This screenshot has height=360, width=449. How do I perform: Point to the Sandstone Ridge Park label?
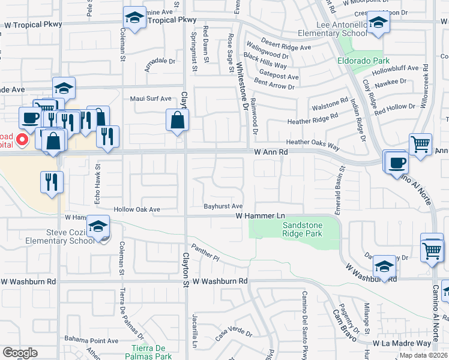[303, 229]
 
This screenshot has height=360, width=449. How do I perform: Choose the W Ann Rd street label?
[271, 152]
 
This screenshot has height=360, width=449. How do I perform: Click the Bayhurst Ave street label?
[223, 206]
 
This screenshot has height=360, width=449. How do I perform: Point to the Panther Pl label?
[206, 251]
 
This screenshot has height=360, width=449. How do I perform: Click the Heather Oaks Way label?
[313, 144]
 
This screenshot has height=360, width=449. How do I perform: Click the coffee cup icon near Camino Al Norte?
[397, 162]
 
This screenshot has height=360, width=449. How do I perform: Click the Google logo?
[19, 353]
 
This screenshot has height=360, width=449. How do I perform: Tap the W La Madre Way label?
[402, 344]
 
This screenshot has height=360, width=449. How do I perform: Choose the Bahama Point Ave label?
[91, 340]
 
